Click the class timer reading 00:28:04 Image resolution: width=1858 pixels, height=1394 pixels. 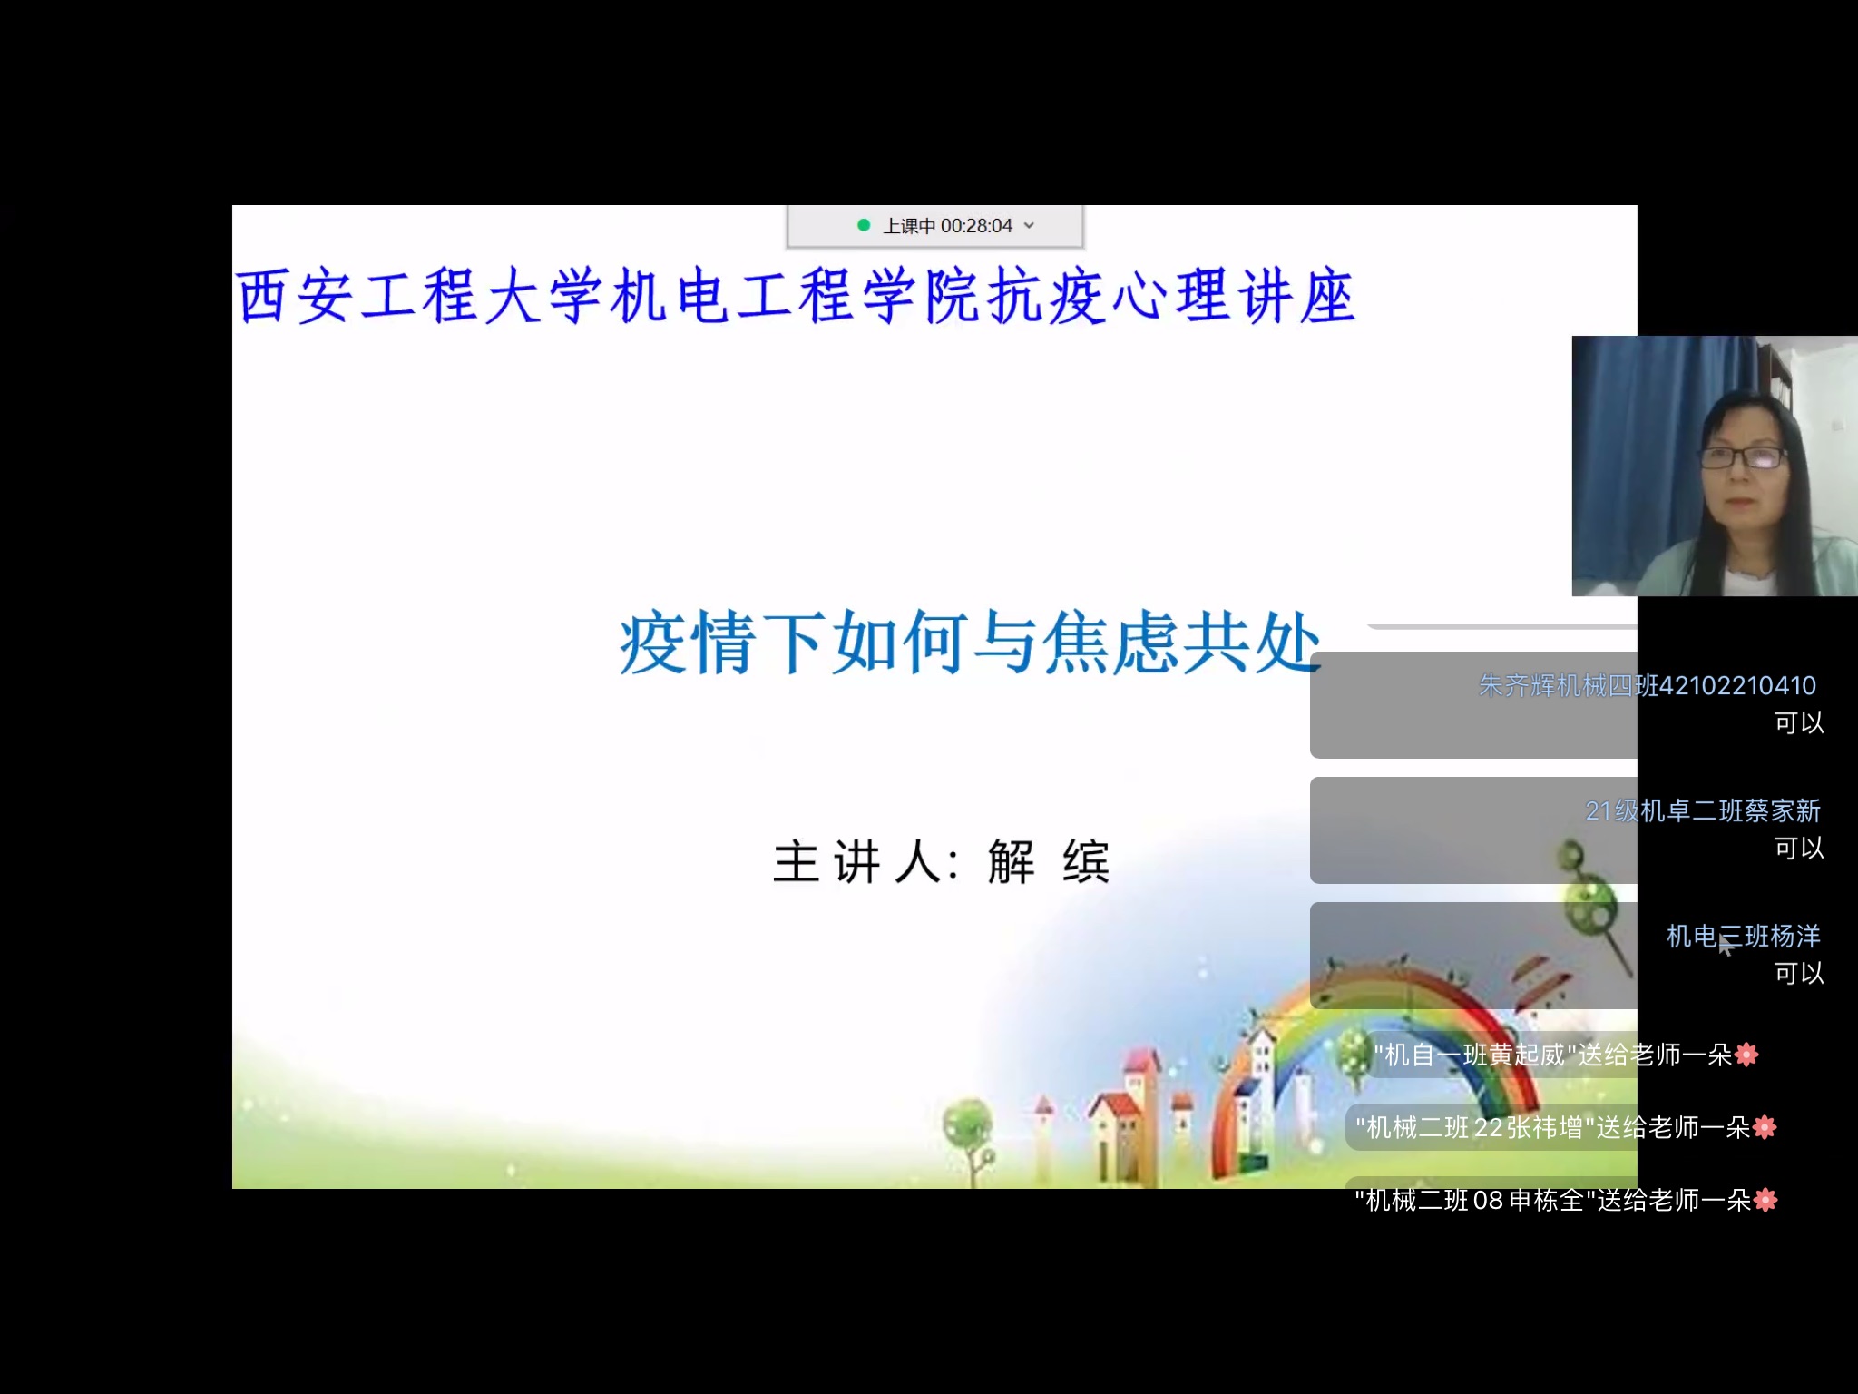[x=976, y=226]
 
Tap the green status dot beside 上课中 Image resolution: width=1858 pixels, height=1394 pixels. [x=864, y=225]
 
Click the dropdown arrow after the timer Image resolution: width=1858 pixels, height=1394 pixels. [x=1029, y=226]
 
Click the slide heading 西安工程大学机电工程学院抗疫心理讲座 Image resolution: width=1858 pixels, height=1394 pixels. [x=796, y=296]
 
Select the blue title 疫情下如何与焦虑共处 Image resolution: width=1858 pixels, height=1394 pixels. [x=970, y=642]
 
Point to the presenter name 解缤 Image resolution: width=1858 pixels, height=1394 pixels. [x=1049, y=861]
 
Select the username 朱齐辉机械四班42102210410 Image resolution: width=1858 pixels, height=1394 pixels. [x=1648, y=685]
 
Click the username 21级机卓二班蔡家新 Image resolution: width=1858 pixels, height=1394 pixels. [x=1703, y=810]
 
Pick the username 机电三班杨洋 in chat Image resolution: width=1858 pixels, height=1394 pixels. [x=1744, y=936]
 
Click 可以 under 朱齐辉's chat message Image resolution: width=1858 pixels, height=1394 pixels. [x=1799, y=722]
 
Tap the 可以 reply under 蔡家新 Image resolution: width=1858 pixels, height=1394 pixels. [x=1799, y=848]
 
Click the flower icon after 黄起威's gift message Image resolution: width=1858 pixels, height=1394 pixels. [x=1746, y=1055]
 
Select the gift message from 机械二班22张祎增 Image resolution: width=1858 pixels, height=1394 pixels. [x=1566, y=1127]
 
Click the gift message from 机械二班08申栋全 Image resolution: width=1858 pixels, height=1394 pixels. [x=1566, y=1200]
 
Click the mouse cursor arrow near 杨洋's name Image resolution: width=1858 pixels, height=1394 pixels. [x=1726, y=945]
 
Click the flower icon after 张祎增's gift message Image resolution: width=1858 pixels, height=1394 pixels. [x=1765, y=1127]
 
